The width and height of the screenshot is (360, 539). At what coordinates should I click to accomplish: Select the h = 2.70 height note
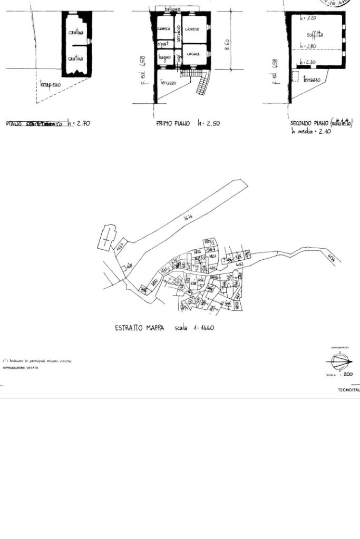(x=79, y=124)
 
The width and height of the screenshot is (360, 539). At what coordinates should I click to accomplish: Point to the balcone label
(x=172, y=9)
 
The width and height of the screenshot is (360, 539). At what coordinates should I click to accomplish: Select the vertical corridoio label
(x=179, y=34)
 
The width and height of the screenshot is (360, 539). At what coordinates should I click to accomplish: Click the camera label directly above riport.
(x=164, y=28)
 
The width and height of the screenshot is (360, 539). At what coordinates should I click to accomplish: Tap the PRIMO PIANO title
(x=173, y=124)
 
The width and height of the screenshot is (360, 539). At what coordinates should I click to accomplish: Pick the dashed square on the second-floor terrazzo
(x=295, y=77)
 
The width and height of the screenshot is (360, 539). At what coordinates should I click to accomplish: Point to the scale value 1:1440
(x=203, y=328)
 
